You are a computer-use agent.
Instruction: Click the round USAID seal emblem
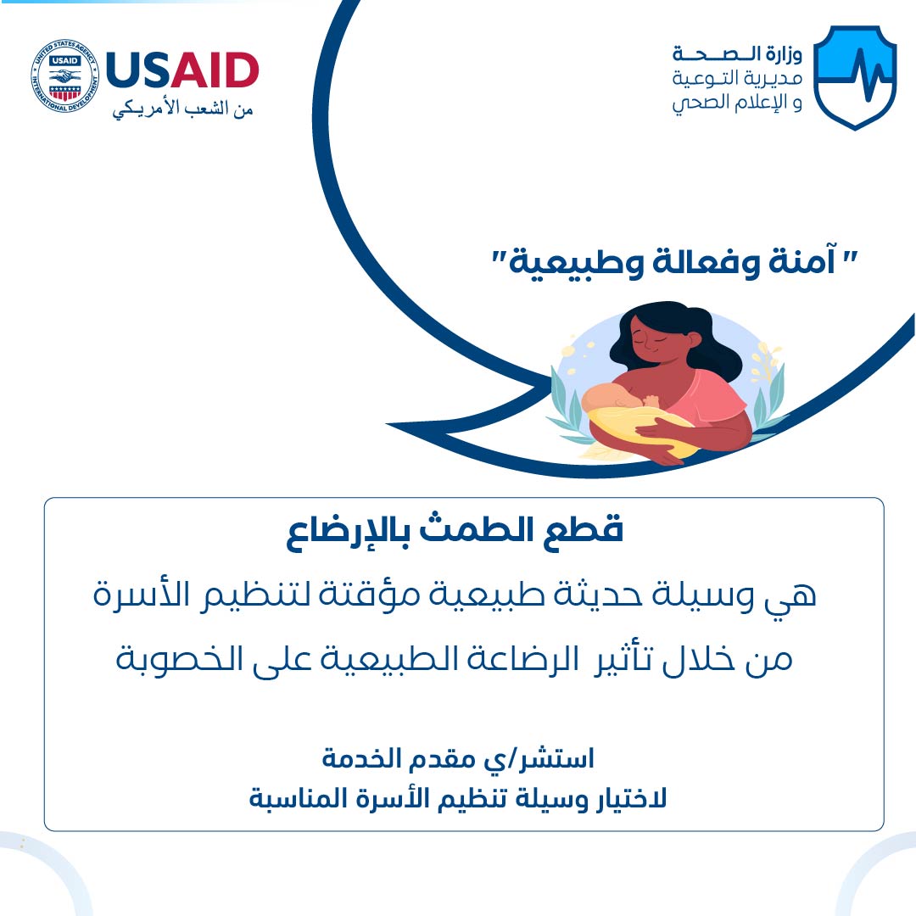click(x=64, y=76)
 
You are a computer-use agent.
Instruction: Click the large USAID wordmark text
click(x=182, y=70)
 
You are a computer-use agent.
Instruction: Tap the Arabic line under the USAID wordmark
click(x=182, y=109)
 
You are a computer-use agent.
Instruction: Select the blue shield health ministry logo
click(x=855, y=76)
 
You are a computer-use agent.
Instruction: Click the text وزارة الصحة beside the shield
click(x=737, y=54)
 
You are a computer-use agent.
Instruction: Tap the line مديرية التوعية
click(x=737, y=78)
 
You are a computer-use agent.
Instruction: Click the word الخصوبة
click(x=179, y=658)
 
